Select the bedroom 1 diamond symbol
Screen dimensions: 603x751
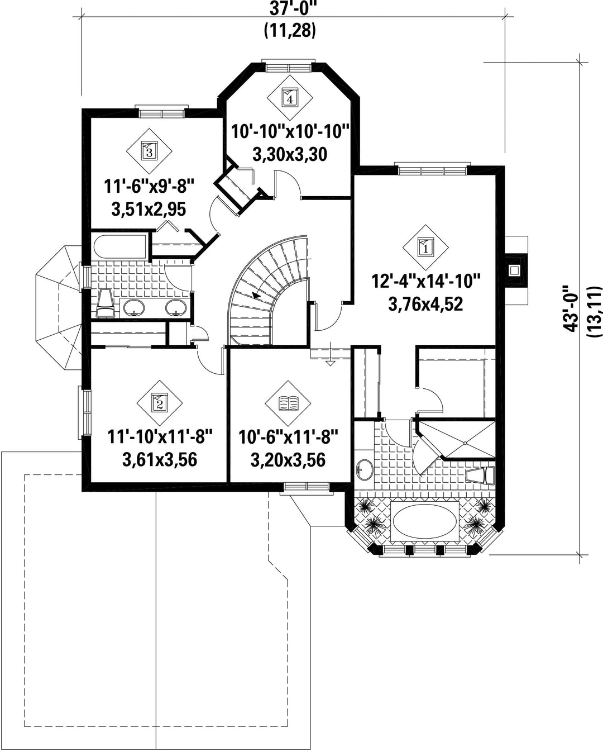425,248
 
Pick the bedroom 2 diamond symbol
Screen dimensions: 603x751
159,403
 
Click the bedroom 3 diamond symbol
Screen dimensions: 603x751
149,151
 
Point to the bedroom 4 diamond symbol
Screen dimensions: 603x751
290,98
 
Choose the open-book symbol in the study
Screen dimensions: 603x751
288,403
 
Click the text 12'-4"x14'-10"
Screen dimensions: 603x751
425,281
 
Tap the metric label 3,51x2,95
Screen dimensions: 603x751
149,210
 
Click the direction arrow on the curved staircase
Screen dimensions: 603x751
258,294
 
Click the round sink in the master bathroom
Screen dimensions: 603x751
365,470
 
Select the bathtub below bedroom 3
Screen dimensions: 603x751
119,246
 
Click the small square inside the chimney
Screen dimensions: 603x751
514,270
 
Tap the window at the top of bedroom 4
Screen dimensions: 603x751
289,66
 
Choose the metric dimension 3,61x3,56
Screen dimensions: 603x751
160,459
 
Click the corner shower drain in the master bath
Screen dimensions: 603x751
465,444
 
